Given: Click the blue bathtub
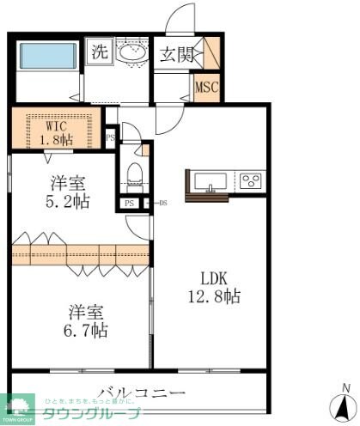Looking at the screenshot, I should click(46, 55).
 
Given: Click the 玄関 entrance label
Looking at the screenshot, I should click(178, 53).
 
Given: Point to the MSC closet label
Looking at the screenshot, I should click(206, 87).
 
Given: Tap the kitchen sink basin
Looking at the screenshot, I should click(211, 181).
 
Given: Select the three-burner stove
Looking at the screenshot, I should click(251, 180).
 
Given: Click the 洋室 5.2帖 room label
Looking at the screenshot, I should click(67, 192).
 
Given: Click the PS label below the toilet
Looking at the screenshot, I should click(128, 204).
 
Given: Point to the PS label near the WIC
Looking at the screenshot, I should click(110, 137).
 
